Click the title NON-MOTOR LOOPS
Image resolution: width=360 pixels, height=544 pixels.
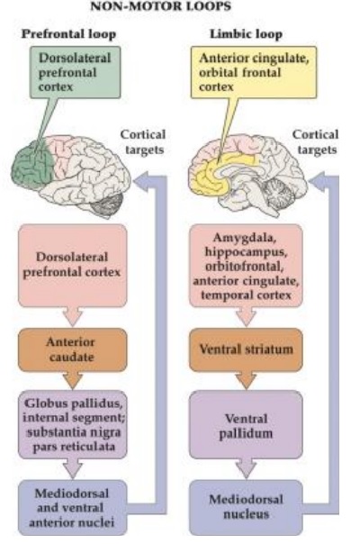(160, 6)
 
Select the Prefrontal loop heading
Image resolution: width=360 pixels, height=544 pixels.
(68, 34)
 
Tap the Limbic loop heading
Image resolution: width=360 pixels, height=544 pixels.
(246, 34)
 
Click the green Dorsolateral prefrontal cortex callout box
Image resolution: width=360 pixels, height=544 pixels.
(76, 72)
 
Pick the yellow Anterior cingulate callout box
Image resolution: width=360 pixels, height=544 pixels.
(254, 72)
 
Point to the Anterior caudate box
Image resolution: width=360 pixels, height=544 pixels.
(72, 349)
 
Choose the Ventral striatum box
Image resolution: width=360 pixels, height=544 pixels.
(246, 349)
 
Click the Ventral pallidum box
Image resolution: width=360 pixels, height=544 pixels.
(246, 425)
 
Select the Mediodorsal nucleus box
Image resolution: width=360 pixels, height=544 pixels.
(246, 507)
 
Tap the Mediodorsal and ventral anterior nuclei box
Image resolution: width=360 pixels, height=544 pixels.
(72, 507)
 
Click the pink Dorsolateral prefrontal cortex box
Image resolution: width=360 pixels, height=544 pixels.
(72, 266)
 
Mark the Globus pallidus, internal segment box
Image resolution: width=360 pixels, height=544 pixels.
(72, 425)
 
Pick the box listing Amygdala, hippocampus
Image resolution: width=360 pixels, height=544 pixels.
(246, 266)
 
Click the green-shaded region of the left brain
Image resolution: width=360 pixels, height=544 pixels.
(33, 164)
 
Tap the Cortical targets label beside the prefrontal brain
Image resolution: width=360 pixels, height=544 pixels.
(143, 142)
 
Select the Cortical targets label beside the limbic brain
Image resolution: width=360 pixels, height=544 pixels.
(315, 142)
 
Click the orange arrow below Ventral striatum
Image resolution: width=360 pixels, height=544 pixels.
(246, 381)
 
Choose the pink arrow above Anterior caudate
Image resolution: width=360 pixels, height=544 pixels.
(72, 316)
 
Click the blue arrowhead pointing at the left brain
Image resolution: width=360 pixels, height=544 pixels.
(142, 181)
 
